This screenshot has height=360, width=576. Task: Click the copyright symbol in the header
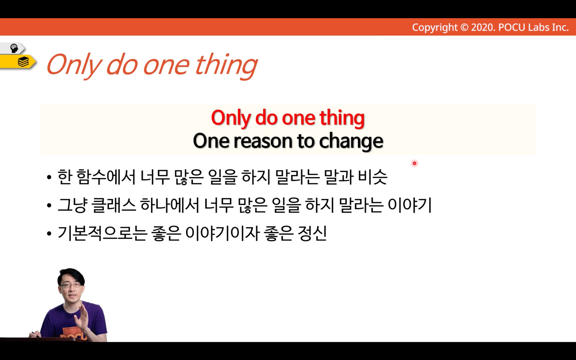464,27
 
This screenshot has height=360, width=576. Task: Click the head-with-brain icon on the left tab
14,48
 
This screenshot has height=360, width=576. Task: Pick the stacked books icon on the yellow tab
23,62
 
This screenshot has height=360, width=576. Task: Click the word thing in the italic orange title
226,65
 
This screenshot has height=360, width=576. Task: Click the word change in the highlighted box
351,141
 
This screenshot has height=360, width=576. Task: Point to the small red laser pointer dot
414,163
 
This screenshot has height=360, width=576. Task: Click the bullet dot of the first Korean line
49,178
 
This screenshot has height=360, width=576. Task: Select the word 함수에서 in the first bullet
106,177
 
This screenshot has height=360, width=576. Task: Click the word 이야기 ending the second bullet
410,205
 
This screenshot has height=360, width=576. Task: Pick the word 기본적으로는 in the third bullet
102,234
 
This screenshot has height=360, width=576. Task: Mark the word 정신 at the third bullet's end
312,234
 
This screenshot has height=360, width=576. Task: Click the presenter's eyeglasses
70,285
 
